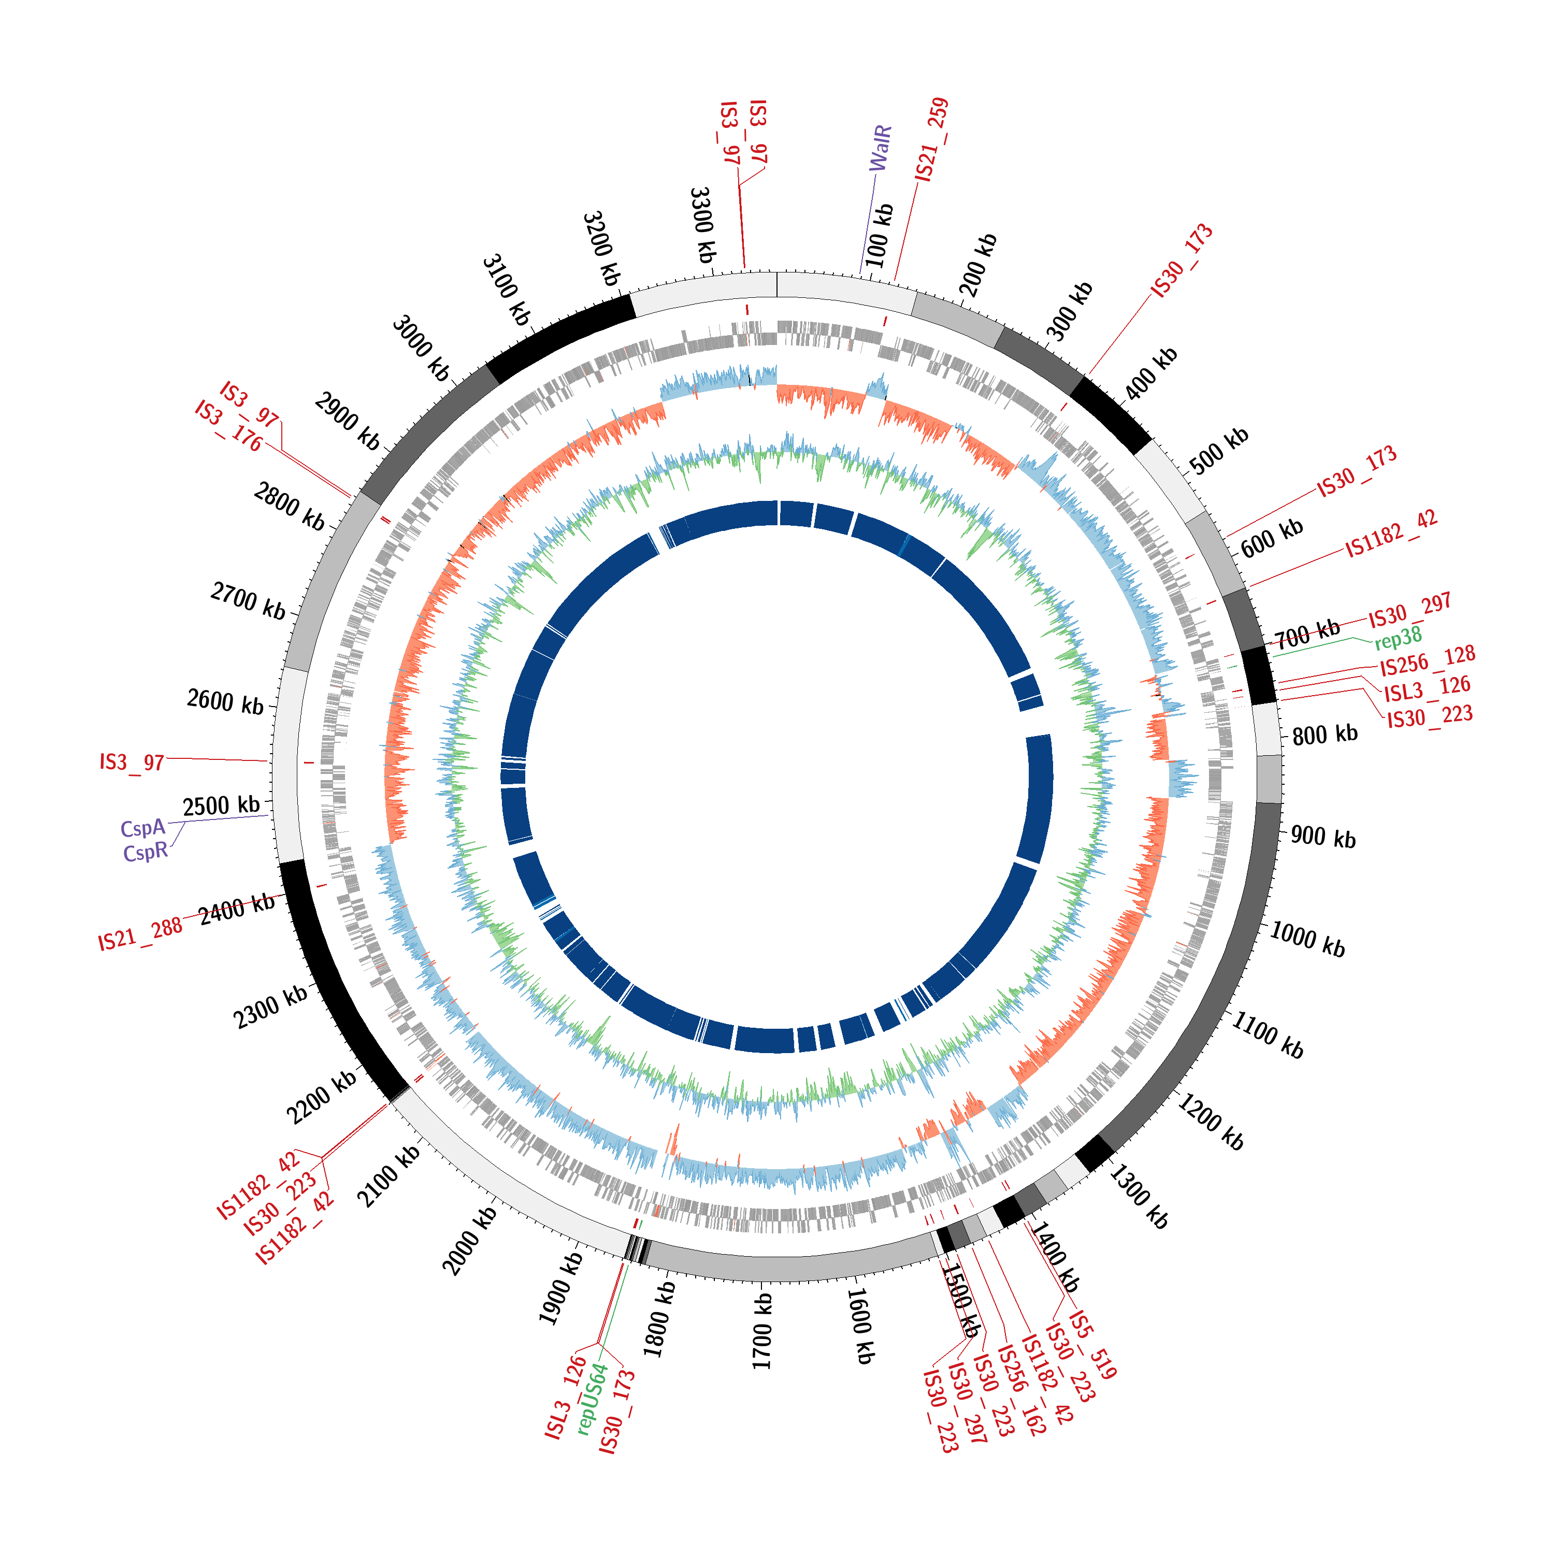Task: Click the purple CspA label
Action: coord(142,828)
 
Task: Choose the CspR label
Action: coord(146,852)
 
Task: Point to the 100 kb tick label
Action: coord(880,236)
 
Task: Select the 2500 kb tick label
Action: coord(221,806)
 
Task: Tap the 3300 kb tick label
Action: coord(702,225)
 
